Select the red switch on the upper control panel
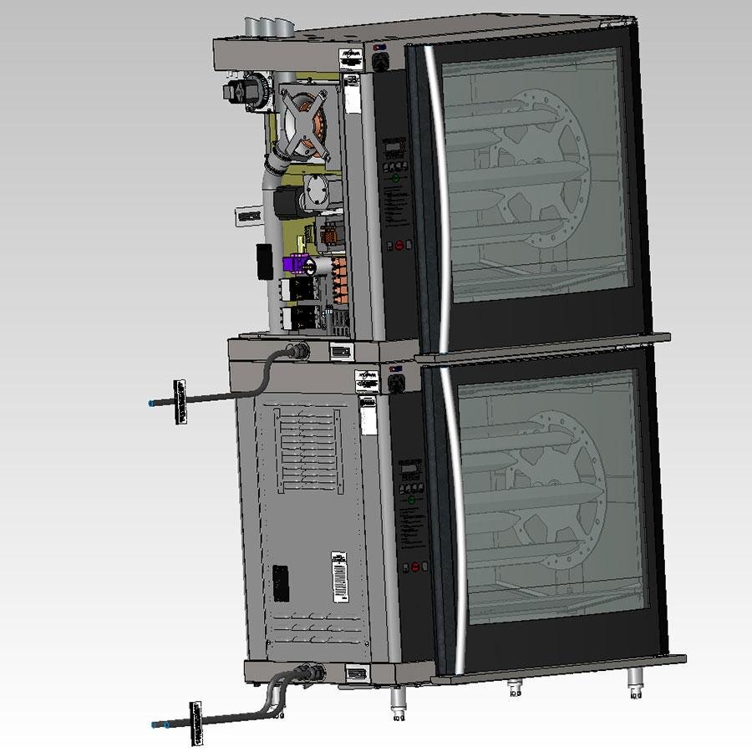tap(399, 246)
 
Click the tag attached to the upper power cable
tap(177, 402)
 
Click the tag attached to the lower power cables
tap(197, 721)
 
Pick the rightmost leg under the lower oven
tap(636, 686)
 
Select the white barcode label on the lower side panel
tap(338, 575)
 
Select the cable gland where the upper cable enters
tap(297, 351)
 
